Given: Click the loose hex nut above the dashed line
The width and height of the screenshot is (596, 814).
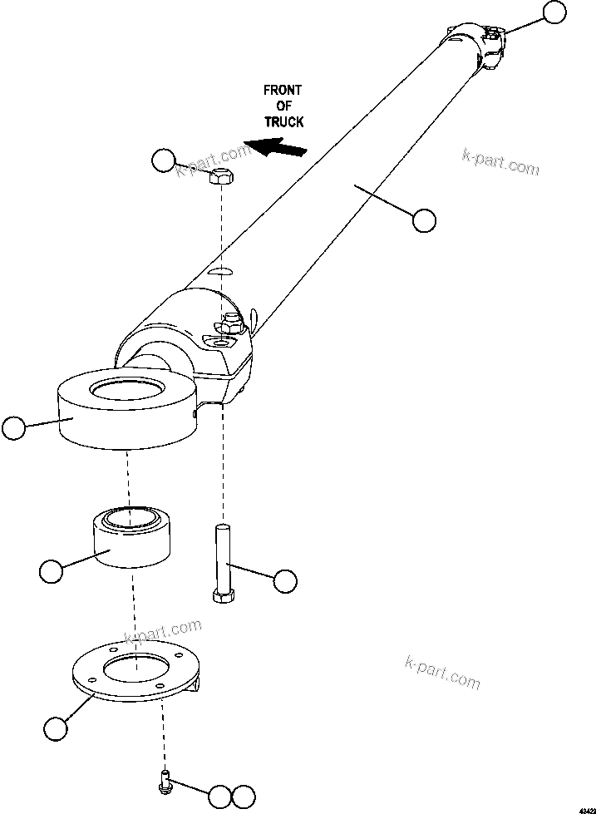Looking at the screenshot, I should tap(221, 175).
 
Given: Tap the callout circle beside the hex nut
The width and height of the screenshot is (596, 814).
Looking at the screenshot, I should tap(164, 160).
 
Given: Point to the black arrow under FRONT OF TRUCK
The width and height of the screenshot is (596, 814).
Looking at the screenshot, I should tap(278, 149).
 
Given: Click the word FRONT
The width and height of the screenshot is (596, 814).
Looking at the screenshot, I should tap(283, 90).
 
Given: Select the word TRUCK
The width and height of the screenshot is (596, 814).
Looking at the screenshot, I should tap(283, 121).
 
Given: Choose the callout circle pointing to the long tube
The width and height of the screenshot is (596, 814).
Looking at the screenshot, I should tap(424, 220).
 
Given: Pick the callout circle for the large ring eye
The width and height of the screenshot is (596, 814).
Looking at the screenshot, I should tap(14, 428).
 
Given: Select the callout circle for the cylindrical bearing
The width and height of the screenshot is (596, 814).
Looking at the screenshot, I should tap(51, 571).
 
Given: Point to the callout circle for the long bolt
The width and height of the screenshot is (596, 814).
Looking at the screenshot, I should tap(285, 581).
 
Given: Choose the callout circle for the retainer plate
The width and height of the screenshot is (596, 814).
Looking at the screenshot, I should tap(55, 728).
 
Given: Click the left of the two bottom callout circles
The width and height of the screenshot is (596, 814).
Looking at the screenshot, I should tap(219, 796).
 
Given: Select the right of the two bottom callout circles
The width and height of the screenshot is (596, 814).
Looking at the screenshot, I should tap(243, 796).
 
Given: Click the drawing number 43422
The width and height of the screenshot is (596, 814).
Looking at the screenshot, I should tap(581, 807).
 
